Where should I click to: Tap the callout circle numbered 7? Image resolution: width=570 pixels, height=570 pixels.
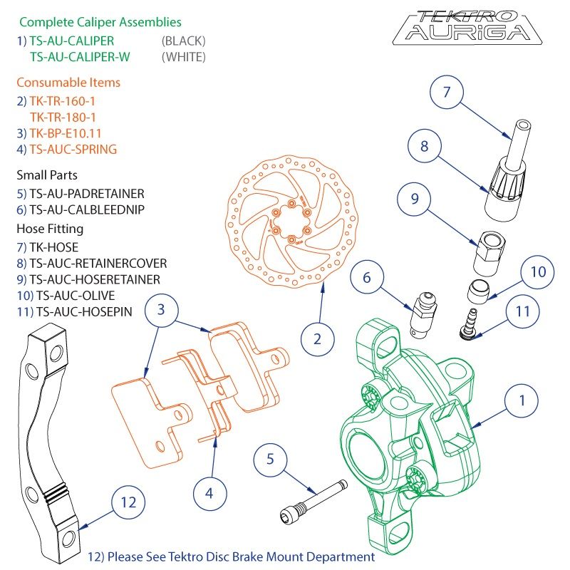click(x=447, y=93)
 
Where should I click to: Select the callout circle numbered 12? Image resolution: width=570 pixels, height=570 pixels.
click(x=128, y=502)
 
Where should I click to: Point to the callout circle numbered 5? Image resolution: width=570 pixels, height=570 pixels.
click(x=270, y=459)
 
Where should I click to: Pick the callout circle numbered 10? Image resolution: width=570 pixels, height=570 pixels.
click(x=538, y=272)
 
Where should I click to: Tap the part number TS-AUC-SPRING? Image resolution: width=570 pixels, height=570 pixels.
click(x=73, y=150)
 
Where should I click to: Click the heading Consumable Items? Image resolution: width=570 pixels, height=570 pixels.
click(x=68, y=83)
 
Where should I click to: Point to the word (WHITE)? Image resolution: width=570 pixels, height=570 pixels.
click(x=184, y=57)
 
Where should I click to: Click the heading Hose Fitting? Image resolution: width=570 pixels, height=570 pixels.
click(x=50, y=229)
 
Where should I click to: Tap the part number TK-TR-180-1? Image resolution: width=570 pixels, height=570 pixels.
click(x=63, y=117)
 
